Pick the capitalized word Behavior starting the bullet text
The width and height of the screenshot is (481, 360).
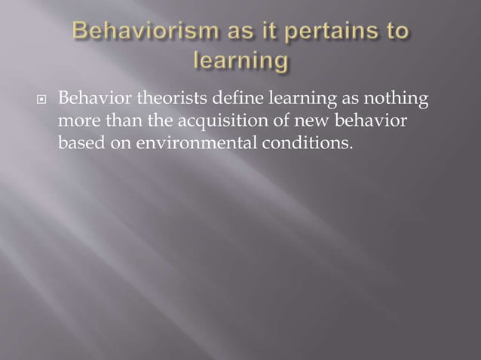91,99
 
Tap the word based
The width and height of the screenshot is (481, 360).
78,143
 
